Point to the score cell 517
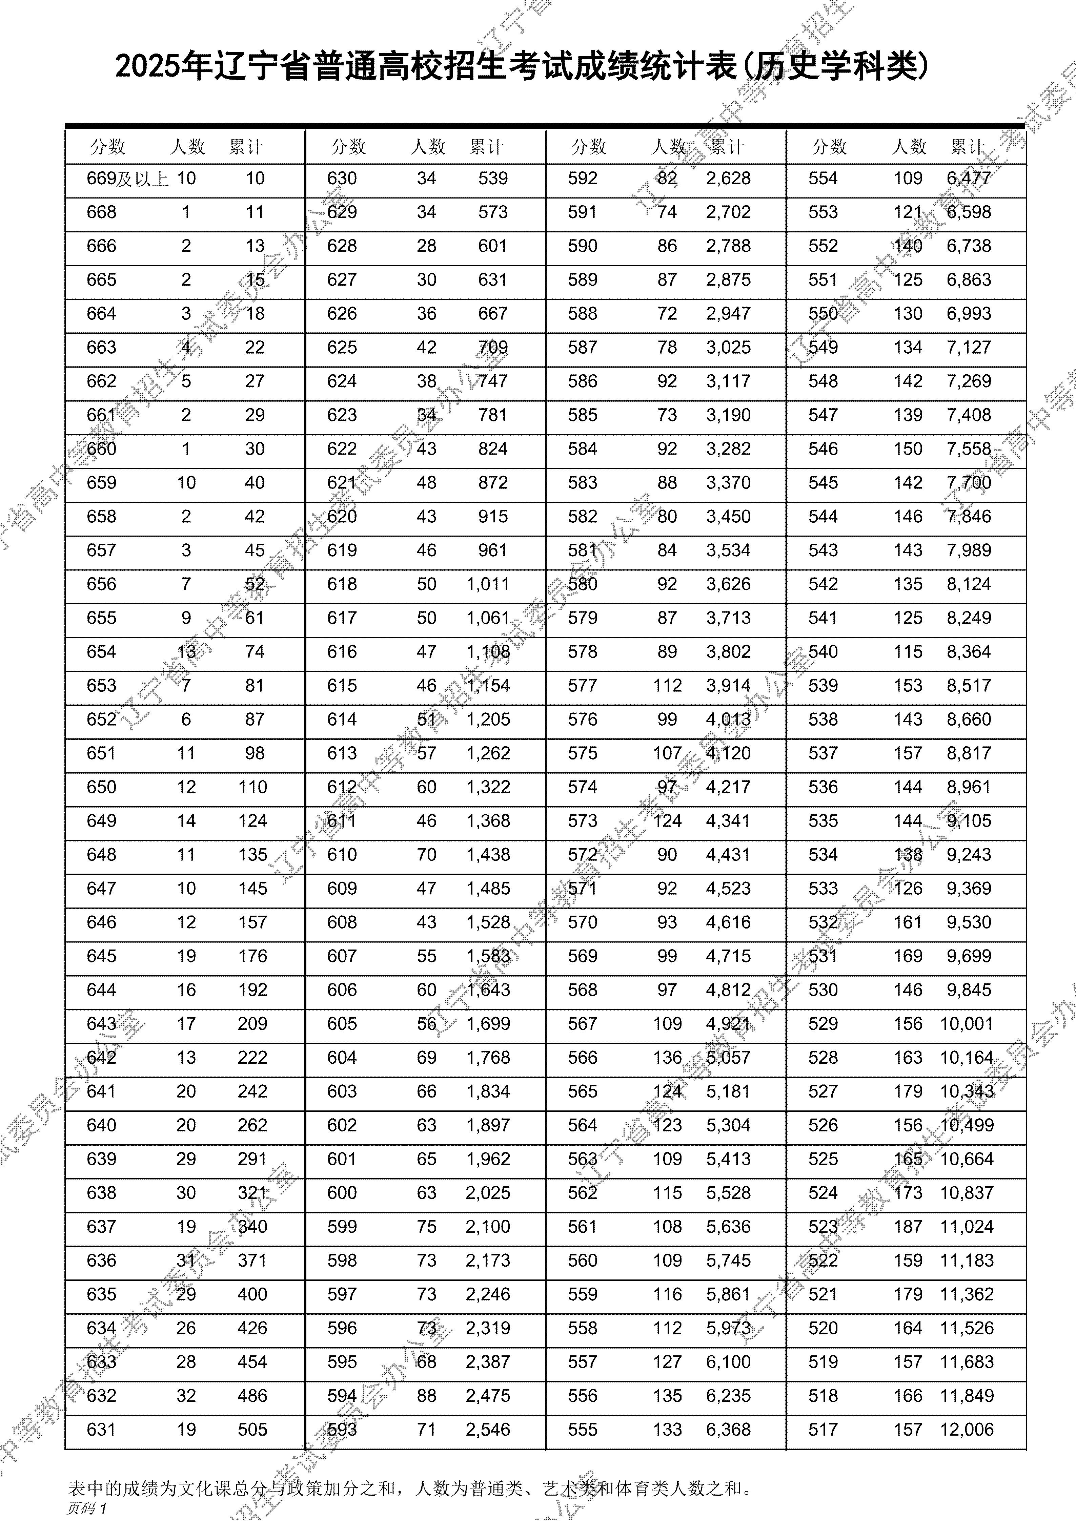(x=823, y=1430)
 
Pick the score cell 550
(x=823, y=313)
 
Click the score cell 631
(x=101, y=1430)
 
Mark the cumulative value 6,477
(x=969, y=178)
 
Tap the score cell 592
(x=582, y=178)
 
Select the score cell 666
(x=101, y=246)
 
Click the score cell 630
(x=342, y=178)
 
